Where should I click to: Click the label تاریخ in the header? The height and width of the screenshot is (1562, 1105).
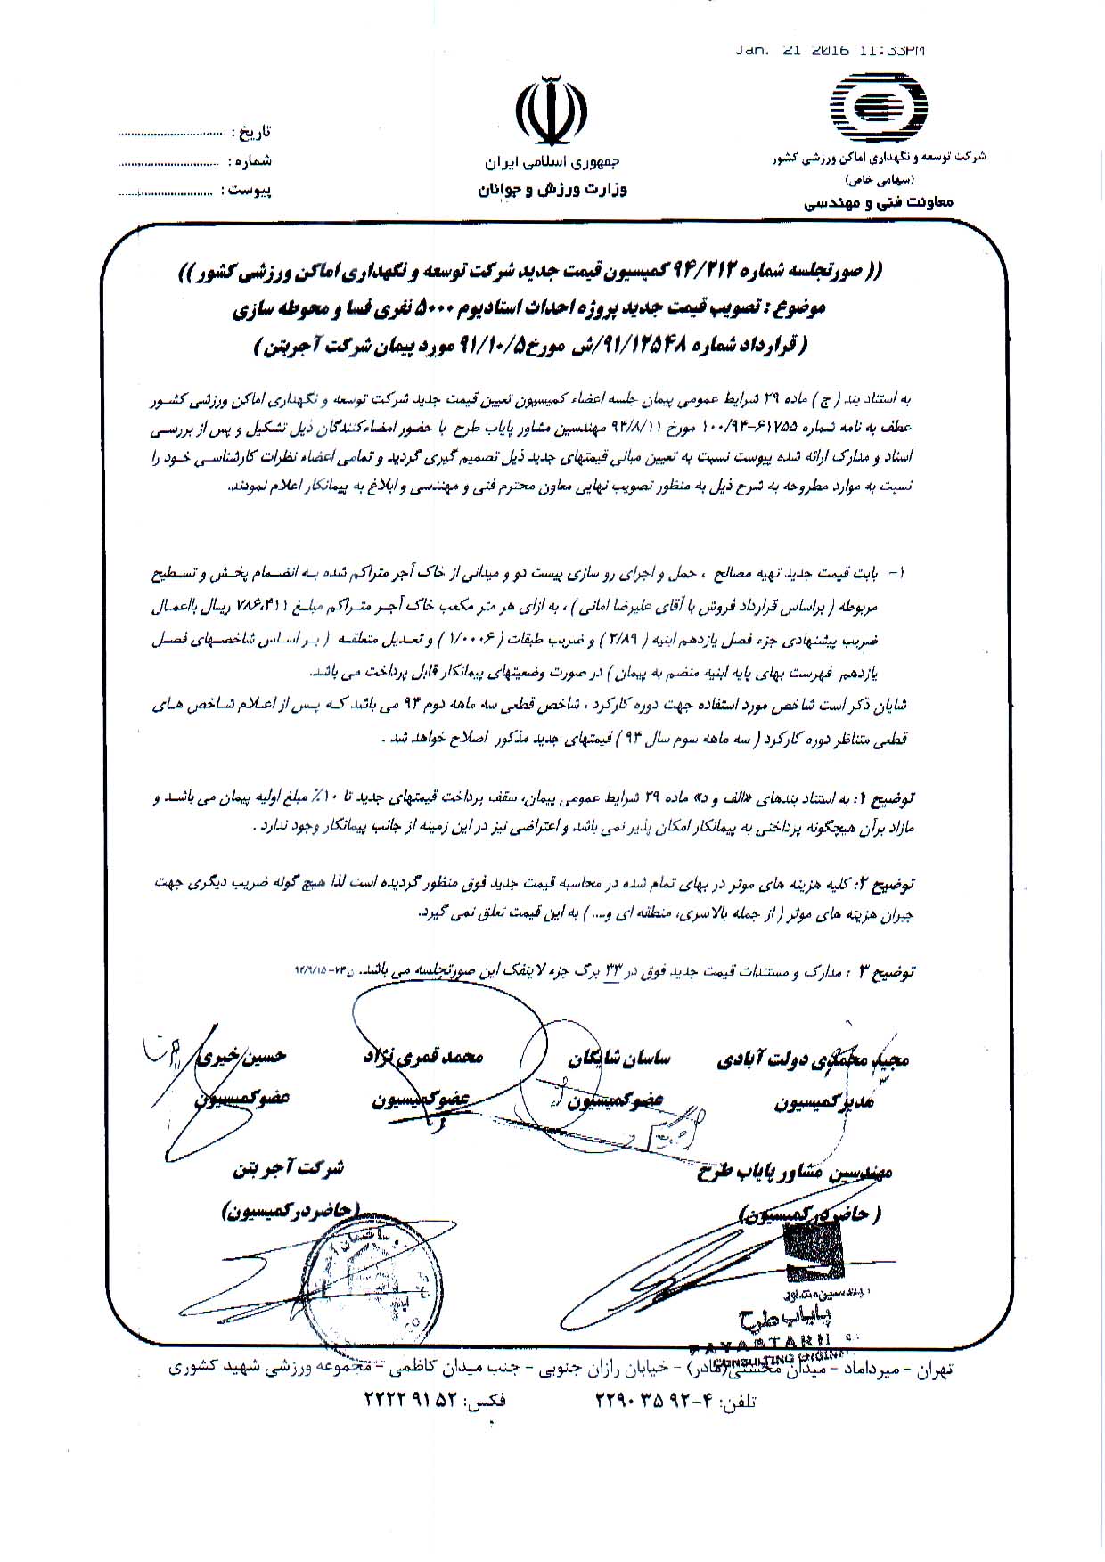click(251, 132)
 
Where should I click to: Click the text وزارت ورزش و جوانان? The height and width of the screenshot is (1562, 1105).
click(553, 189)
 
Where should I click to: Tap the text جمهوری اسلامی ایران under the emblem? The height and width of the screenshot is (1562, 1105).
click(552, 163)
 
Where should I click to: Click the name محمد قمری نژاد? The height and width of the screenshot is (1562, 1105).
click(423, 1057)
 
